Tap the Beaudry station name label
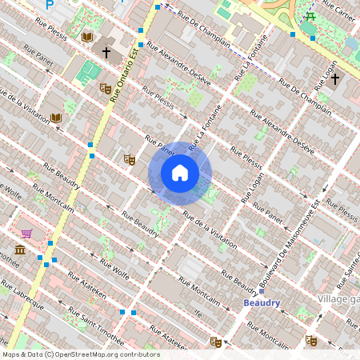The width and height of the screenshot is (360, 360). coord(262,303)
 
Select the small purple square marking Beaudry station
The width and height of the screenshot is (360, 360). coord(262,290)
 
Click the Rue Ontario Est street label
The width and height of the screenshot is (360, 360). coord(127,73)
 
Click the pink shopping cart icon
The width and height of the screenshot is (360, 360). coord(27,234)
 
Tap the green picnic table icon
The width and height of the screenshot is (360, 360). coord(310,15)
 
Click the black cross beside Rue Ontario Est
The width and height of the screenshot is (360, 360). coord(106,51)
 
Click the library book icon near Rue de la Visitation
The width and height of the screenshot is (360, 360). coord(56,118)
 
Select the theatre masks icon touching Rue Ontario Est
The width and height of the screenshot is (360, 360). coord(105,88)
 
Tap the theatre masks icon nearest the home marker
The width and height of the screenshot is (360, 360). coord(130,159)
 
